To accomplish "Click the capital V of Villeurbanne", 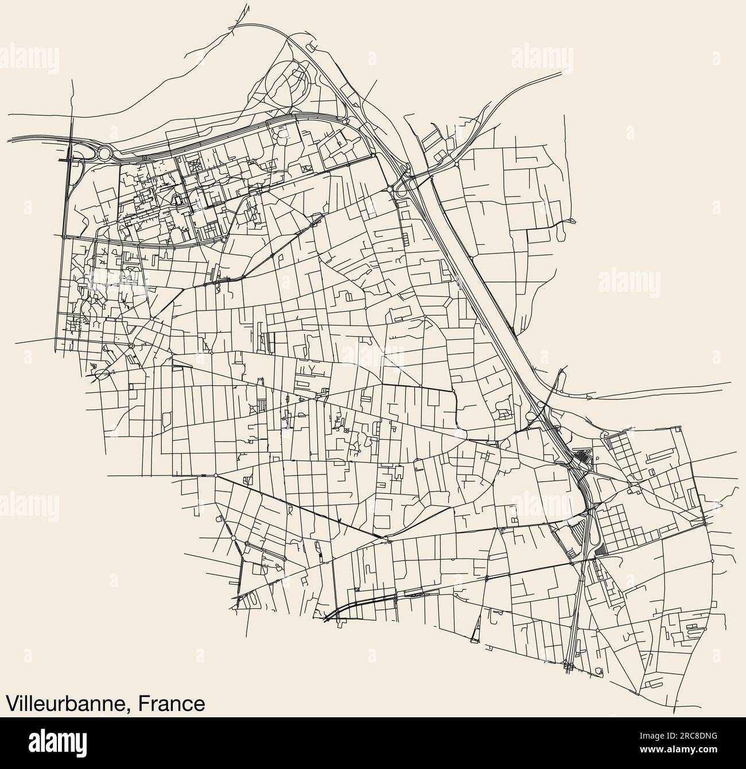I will (x=11, y=703).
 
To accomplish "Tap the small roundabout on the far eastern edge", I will (x=712, y=561).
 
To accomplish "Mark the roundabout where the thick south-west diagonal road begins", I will (x=215, y=475).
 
